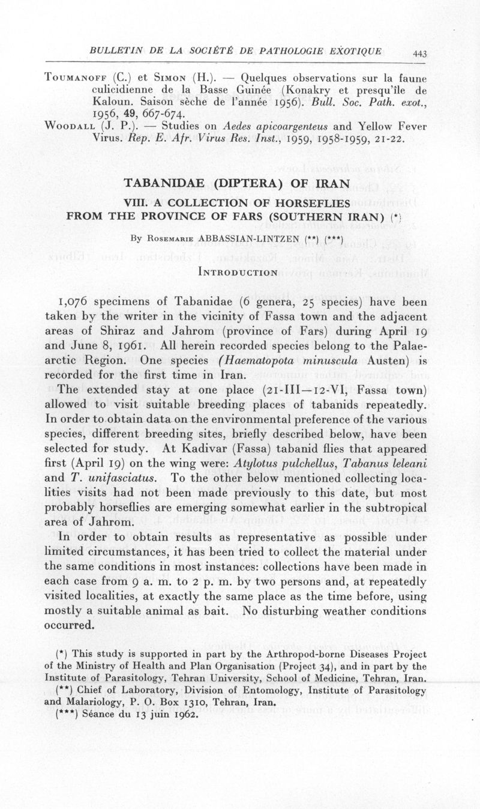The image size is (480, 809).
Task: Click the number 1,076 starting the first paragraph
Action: coord(76,302)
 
